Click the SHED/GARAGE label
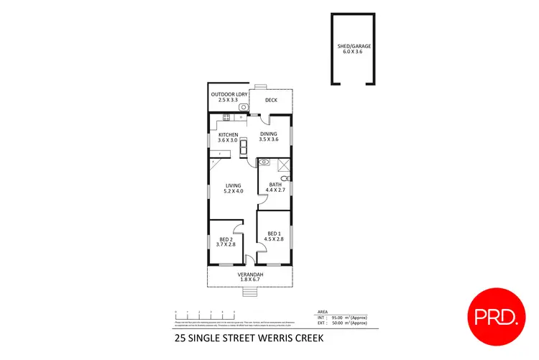pyautogui.click(x=354, y=46)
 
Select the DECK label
pyautogui.click(x=271, y=100)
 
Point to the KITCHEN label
pyautogui.click(x=228, y=134)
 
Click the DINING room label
pyautogui.click(x=269, y=134)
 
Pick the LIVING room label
pyautogui.click(x=233, y=185)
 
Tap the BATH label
pyautogui.click(x=275, y=185)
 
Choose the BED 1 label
pyautogui.click(x=274, y=233)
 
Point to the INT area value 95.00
pyautogui.click(x=341, y=316)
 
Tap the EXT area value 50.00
pyautogui.click(x=341, y=323)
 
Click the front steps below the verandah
pyautogui.click(x=249, y=291)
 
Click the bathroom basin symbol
pyautogui.click(x=264, y=162)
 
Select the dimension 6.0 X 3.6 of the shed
pyautogui.click(x=354, y=52)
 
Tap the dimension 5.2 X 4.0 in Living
pyautogui.click(x=233, y=191)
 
